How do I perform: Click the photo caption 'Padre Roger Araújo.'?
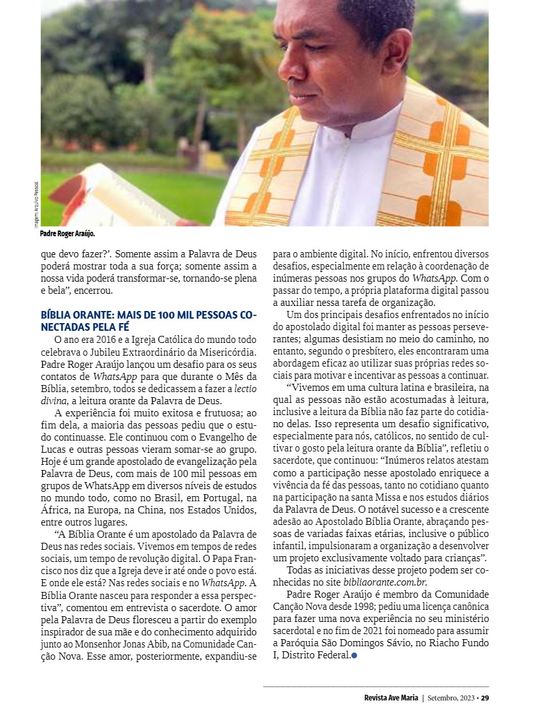[66, 234]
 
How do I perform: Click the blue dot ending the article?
[354, 656]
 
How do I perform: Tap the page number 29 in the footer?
[485, 697]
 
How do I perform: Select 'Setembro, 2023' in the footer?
[451, 697]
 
